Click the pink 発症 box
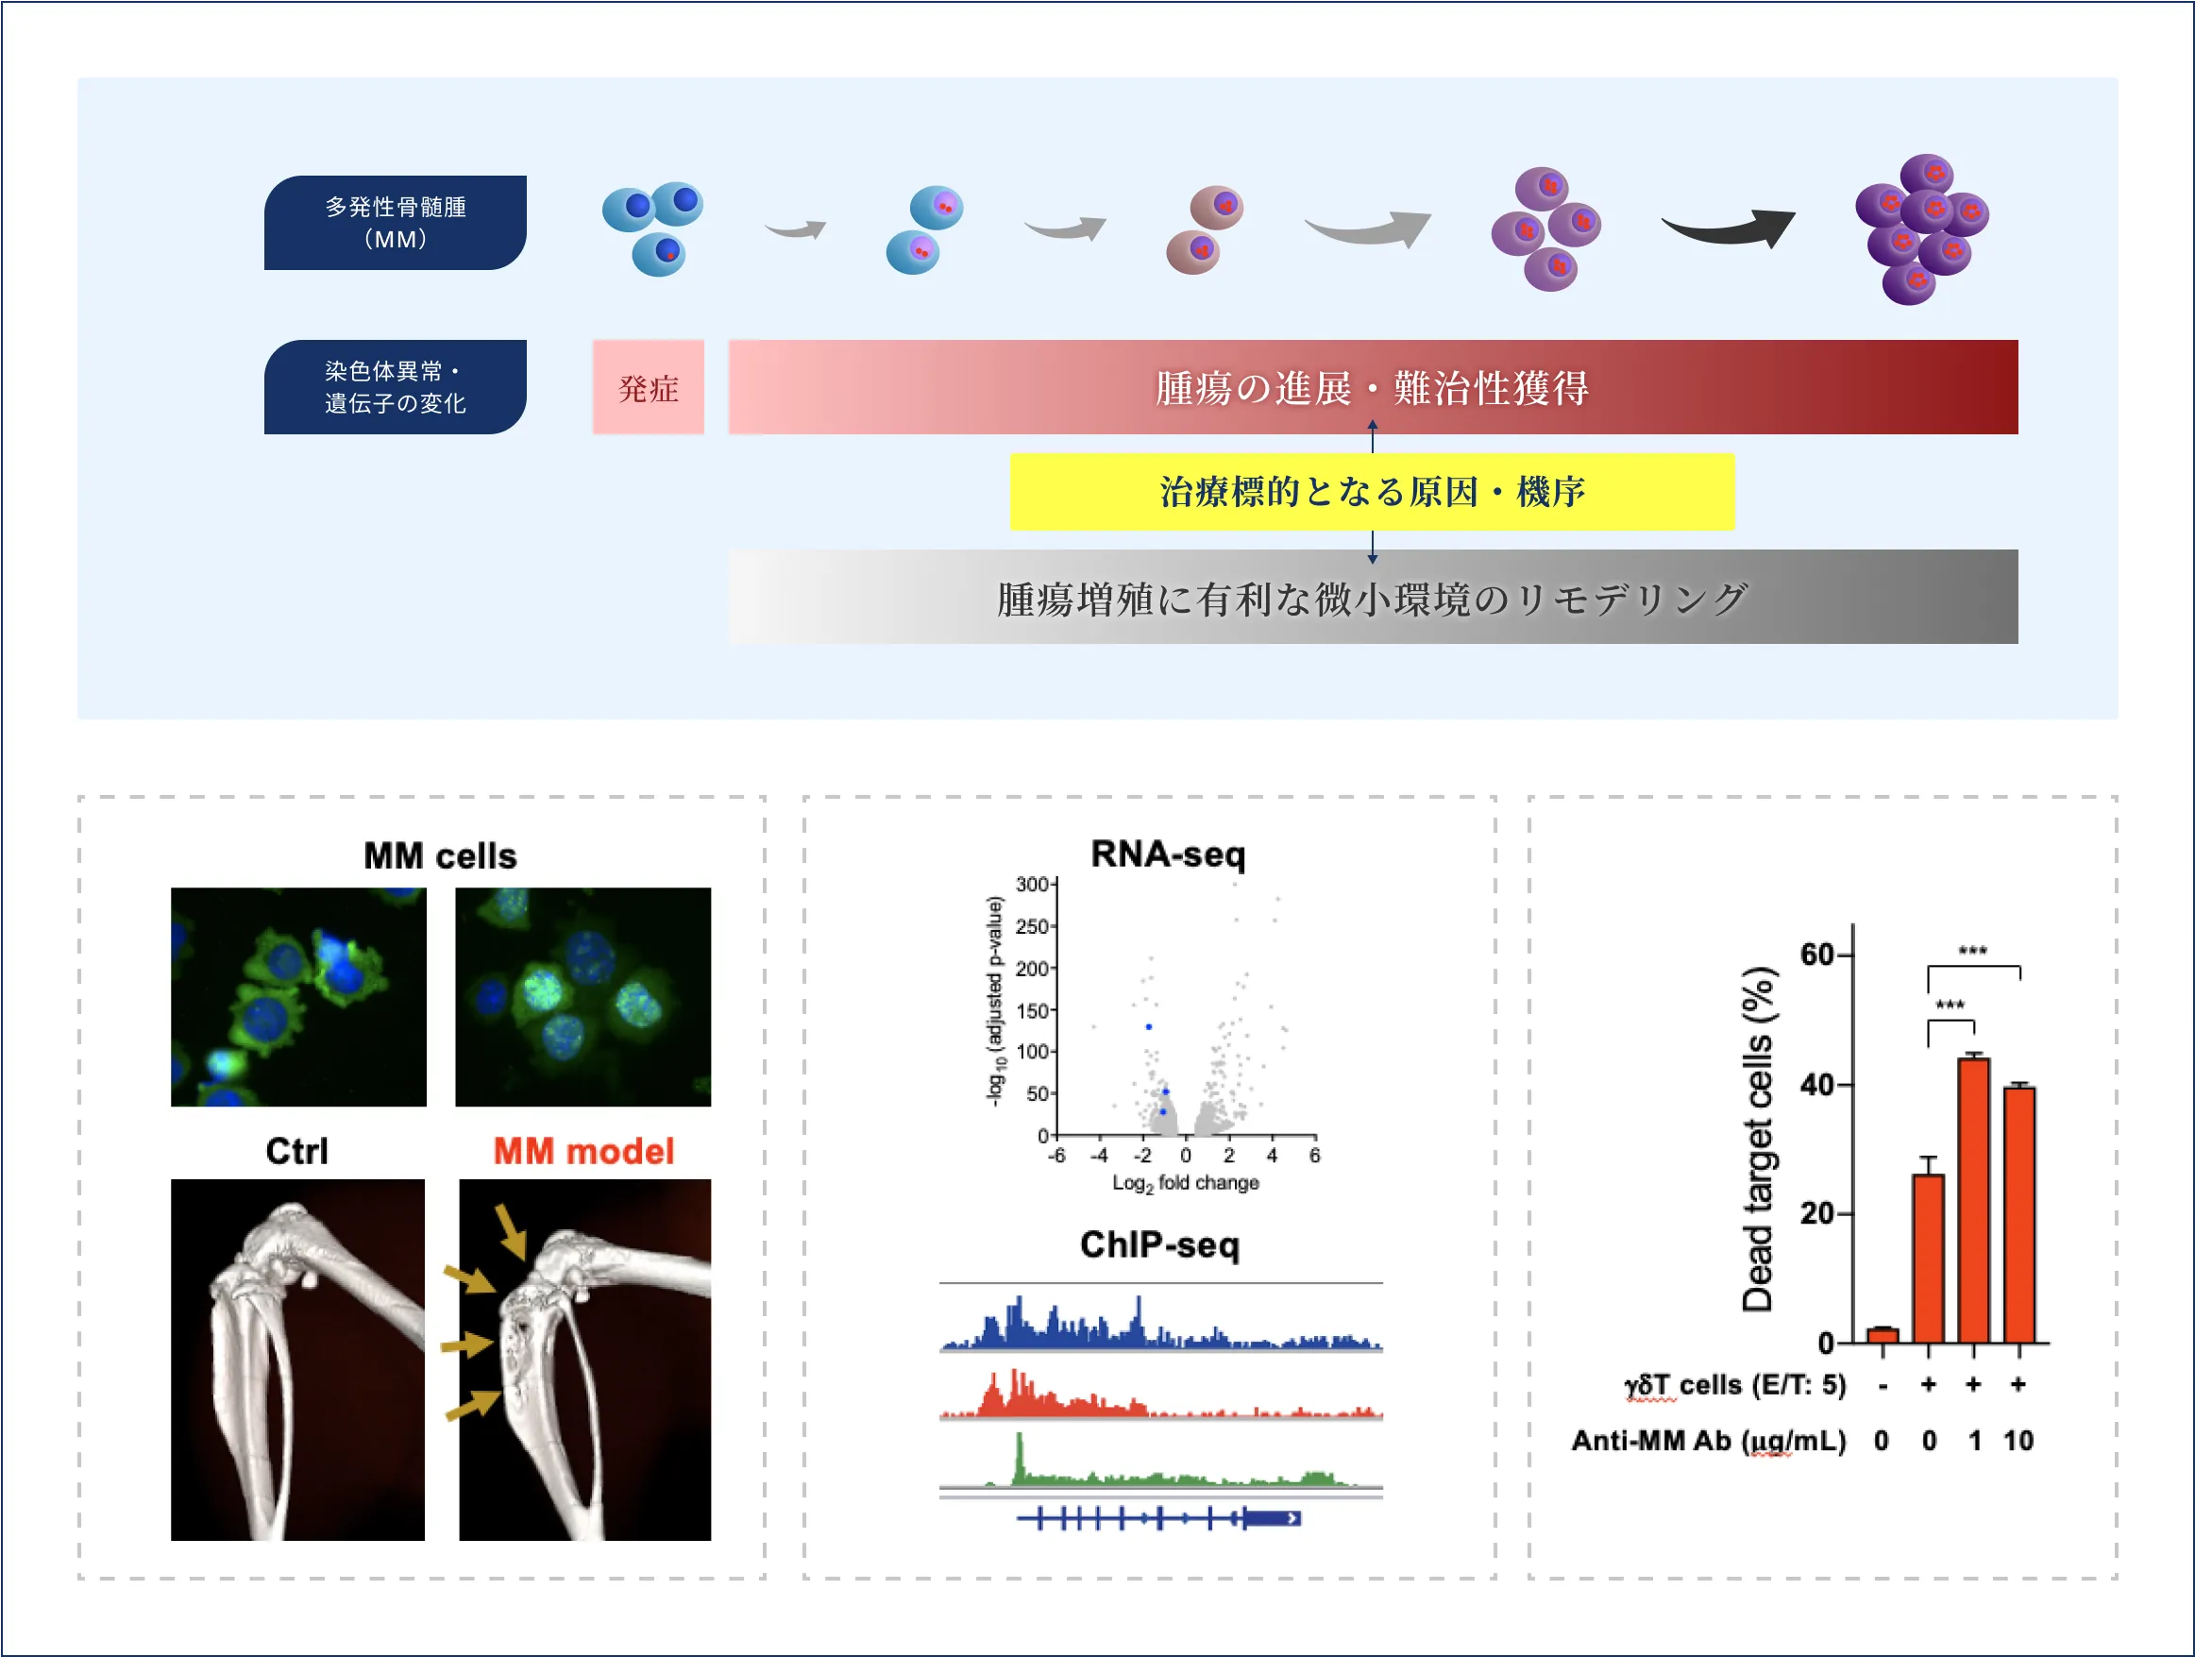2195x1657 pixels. (x=648, y=387)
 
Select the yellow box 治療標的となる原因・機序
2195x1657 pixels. (x=1372, y=491)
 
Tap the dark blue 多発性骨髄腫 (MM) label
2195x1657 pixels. (x=395, y=222)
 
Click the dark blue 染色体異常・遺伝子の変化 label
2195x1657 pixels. (x=395, y=387)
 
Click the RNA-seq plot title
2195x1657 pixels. (x=1168, y=854)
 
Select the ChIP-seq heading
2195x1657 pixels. (x=1159, y=1244)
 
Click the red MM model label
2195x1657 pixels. (x=583, y=1151)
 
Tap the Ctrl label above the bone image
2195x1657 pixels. (x=295, y=1151)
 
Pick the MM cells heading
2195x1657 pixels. (x=440, y=855)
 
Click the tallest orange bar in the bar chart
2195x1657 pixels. (x=1973, y=1201)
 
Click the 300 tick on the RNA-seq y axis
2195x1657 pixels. (x=1032, y=884)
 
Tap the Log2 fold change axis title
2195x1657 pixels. (x=1185, y=1183)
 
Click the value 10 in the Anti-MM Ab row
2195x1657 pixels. (x=2018, y=1441)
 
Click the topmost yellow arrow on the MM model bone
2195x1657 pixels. (x=510, y=1231)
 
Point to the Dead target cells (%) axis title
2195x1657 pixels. (x=1757, y=1139)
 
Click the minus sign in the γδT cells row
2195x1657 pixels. (x=1883, y=1385)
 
